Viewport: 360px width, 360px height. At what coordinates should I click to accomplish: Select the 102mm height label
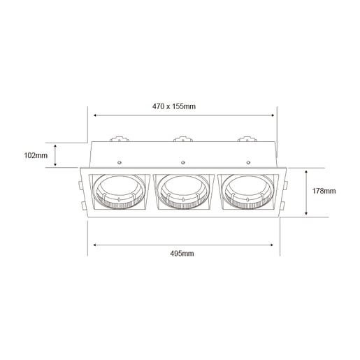click(x=35, y=155)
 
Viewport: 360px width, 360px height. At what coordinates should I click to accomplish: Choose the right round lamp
click(x=245, y=191)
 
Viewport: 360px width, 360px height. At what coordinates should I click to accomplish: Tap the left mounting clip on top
click(x=117, y=138)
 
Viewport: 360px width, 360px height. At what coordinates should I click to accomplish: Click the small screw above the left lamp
click(x=120, y=163)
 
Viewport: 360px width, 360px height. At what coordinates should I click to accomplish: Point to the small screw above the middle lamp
click(x=183, y=163)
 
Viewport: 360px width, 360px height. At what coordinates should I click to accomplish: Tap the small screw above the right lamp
click(x=247, y=163)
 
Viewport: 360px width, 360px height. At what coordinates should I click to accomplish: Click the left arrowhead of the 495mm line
click(x=94, y=245)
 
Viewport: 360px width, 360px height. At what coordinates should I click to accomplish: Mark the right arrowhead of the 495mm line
click(x=273, y=245)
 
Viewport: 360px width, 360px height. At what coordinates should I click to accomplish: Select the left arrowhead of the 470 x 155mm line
click(x=94, y=115)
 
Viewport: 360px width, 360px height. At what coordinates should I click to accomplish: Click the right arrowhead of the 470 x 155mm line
click(x=273, y=115)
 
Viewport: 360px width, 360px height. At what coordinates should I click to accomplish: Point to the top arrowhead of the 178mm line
click(x=307, y=171)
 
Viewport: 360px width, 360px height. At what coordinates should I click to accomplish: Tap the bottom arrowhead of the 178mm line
click(x=307, y=214)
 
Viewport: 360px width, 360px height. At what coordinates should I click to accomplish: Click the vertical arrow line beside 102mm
click(x=57, y=155)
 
